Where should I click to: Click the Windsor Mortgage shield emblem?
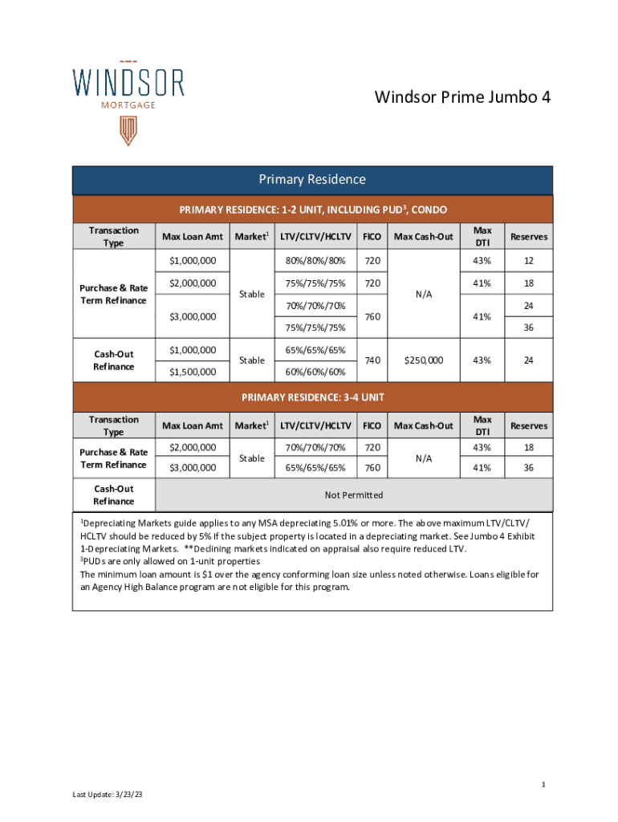128,130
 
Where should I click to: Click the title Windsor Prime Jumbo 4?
462,98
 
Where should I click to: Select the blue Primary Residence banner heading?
311,180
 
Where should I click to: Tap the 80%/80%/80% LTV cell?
314,261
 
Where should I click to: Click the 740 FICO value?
372,360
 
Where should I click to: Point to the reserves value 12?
529,261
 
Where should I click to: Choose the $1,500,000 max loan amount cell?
192,372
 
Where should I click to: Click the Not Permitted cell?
353,494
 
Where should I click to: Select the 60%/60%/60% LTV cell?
314,372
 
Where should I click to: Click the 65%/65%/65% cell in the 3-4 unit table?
314,467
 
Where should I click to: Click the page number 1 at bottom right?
543,783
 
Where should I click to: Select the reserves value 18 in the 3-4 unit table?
529,447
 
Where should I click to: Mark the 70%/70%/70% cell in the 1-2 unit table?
314,306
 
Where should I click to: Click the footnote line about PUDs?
169,561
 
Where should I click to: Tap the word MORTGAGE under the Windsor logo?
128,104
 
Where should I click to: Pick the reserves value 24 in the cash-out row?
529,360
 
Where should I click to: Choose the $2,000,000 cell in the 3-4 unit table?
192,447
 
